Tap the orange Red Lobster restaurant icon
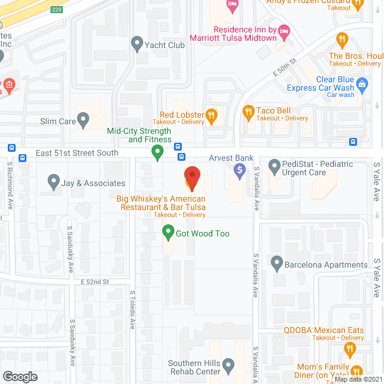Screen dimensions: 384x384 pyautogui.click(x=211, y=115)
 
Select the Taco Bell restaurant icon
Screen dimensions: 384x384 pyautogui.click(x=248, y=111)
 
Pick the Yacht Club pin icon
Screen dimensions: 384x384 pyautogui.click(x=137, y=44)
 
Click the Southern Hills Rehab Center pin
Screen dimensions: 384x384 pyautogui.click(x=228, y=365)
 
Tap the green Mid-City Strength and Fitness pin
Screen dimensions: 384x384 pyautogui.click(x=158, y=153)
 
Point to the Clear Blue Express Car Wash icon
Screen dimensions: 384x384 pyautogui.click(x=362, y=84)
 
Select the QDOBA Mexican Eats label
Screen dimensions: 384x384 pyautogui.click(x=324, y=330)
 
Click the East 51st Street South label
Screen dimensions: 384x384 pyautogui.click(x=77, y=153)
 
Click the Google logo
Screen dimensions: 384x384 pyautogui.click(x=20, y=376)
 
